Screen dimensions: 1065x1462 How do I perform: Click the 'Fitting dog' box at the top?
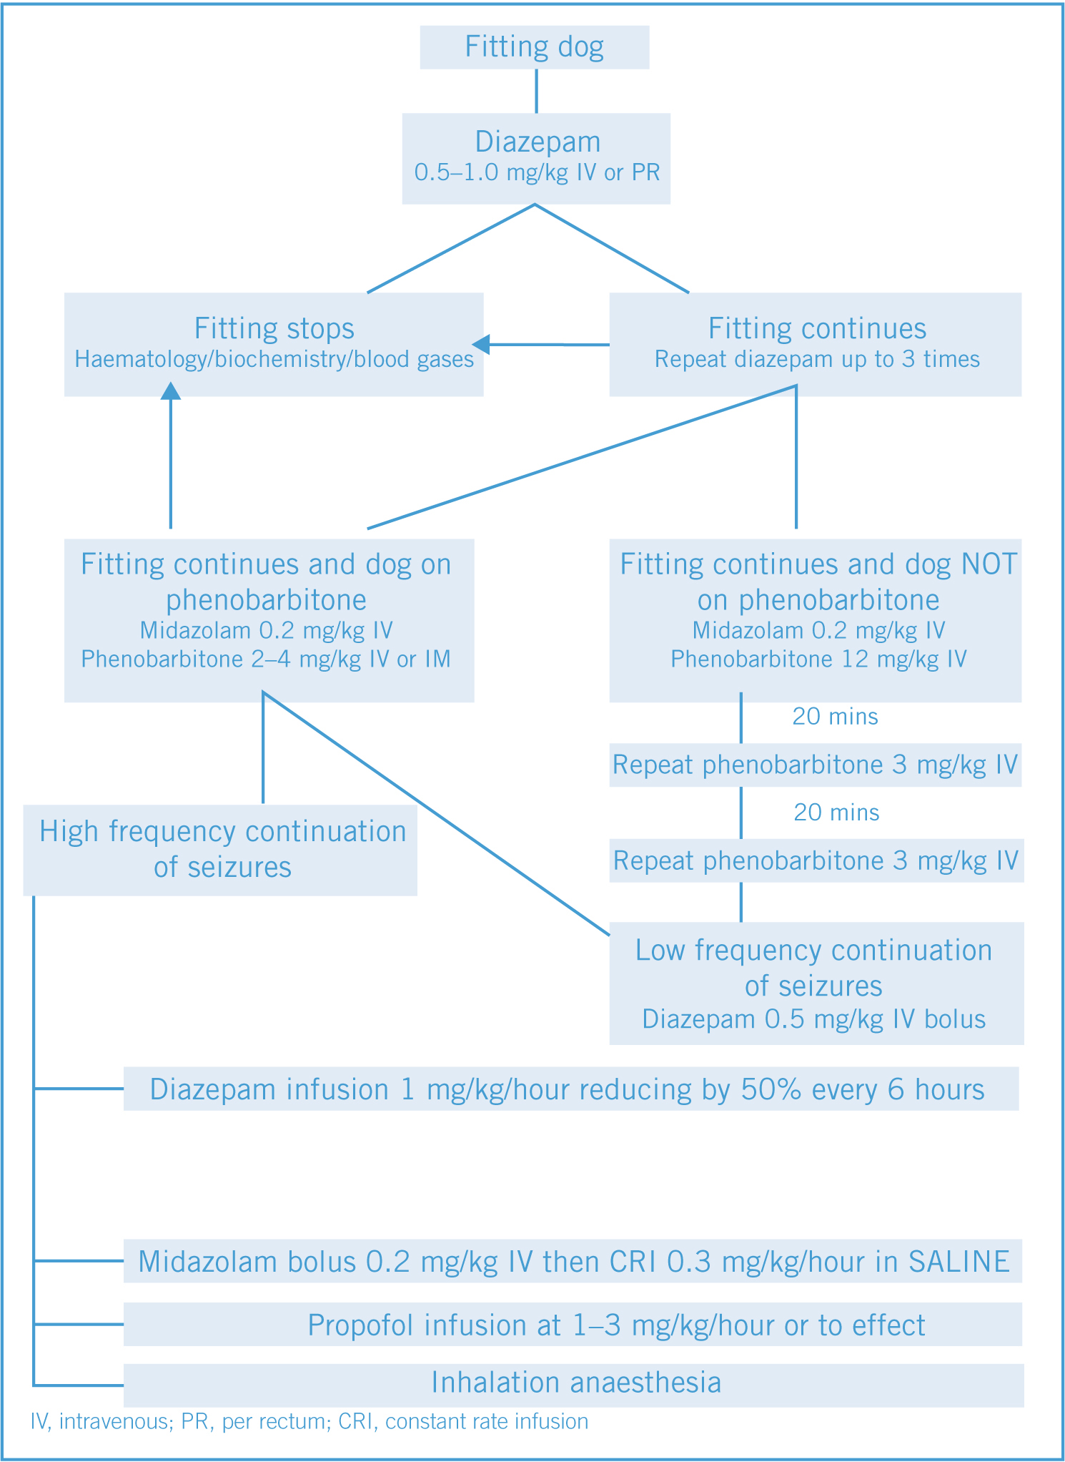point(535,48)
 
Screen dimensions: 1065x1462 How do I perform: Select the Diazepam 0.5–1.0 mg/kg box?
point(536,159)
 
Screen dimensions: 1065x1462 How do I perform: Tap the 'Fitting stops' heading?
point(274,329)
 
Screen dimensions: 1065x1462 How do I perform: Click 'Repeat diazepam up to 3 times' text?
point(817,359)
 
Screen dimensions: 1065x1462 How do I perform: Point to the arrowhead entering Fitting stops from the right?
point(481,344)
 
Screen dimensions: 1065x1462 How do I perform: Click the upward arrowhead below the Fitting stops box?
point(170,391)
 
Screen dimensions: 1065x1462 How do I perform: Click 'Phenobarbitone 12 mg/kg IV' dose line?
point(818,659)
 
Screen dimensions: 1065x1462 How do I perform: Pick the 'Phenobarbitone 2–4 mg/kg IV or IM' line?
point(266,659)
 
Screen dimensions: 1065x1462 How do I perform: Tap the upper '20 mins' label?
point(835,717)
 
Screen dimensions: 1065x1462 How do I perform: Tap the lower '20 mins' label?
point(836,813)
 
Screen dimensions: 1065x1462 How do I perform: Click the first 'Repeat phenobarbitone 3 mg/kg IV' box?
point(816,765)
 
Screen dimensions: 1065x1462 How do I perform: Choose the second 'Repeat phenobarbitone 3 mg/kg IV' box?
point(817,860)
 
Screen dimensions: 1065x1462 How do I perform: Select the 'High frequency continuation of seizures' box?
point(220,850)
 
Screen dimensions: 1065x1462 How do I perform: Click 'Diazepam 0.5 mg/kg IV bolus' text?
point(814,1019)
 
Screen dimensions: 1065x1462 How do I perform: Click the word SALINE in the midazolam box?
point(959,1262)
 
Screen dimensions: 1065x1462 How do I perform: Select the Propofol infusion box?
point(573,1325)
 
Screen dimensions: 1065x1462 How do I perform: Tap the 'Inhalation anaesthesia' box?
point(574,1385)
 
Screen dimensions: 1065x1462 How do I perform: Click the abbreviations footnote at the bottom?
point(309,1421)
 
